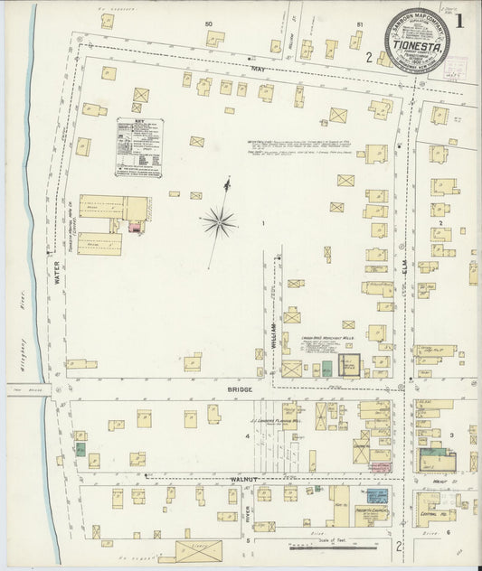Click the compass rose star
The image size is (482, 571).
pos(220,219)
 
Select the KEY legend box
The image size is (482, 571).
pos(138,146)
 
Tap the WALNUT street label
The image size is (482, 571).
pos(245,478)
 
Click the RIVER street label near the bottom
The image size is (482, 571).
pos(246,517)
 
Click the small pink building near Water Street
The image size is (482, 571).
pos(136,227)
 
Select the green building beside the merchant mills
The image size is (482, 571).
pos(326,368)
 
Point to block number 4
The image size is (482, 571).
pos(245,436)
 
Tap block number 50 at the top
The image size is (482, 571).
pos(208,22)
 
